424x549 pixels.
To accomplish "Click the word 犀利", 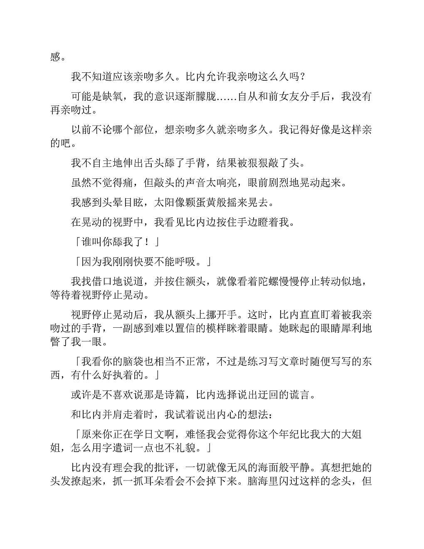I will [351, 328].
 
